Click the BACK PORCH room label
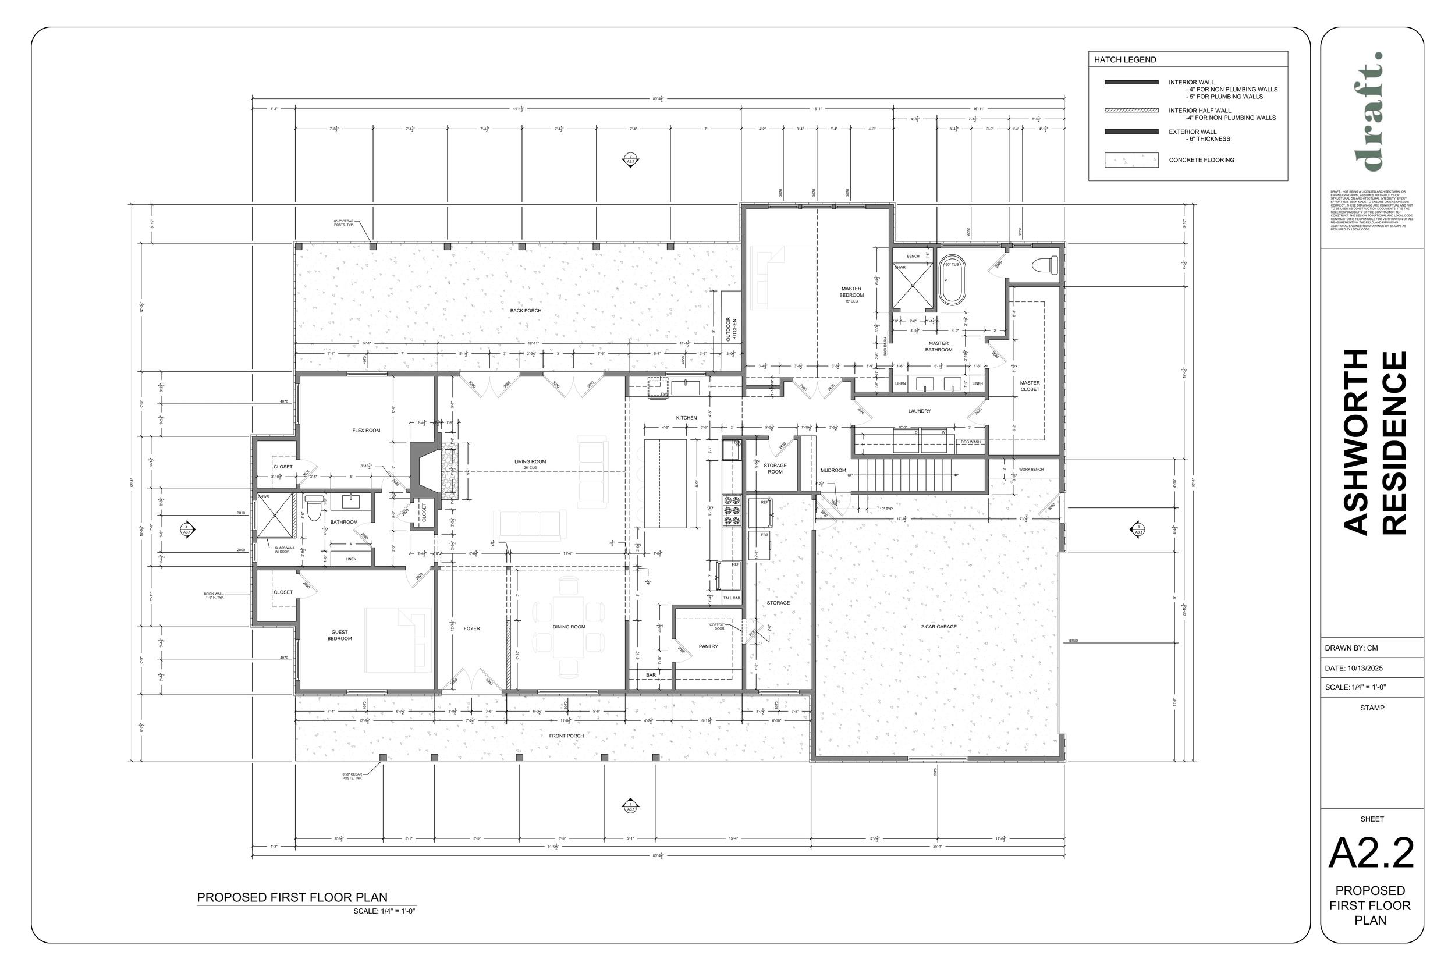coord(525,311)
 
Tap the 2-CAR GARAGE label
coord(938,627)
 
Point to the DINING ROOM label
coord(569,627)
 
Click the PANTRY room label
coord(708,646)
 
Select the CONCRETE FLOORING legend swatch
coord(1131,160)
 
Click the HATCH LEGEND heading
coord(1124,60)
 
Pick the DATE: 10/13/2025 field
coord(1354,668)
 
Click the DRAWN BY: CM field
coord(1351,648)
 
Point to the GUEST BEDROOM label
coord(340,635)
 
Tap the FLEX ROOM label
coord(366,431)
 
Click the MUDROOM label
coord(833,470)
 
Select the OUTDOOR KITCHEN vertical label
coord(731,329)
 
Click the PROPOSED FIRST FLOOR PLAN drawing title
coord(292,897)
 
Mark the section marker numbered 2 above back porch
coord(630,159)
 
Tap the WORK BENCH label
coord(1031,470)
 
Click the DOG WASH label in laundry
coord(970,442)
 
